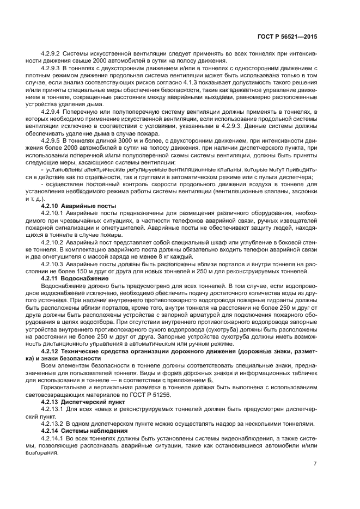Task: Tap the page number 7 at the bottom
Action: [315, 464]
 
